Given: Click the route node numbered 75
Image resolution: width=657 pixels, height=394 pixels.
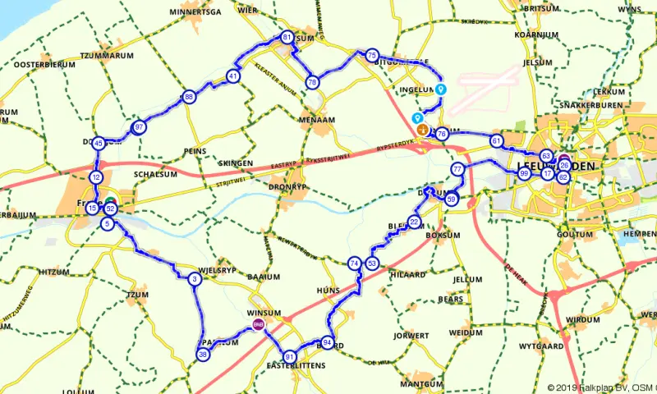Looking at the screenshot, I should [372, 55].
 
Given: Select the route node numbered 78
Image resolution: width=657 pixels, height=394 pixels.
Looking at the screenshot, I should [312, 82].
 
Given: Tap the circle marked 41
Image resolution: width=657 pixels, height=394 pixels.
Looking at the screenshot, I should [234, 76].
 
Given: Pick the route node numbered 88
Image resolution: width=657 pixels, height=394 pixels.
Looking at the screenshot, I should [190, 97].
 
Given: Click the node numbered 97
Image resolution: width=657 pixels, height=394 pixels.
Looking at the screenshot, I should [139, 127].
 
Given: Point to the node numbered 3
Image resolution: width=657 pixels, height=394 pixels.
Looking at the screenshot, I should [195, 279].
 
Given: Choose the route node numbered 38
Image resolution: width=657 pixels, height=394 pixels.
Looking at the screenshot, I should [203, 355].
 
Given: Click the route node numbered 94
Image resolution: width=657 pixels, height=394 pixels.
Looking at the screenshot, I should [328, 342].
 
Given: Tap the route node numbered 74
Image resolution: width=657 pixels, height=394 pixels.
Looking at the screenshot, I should [354, 263].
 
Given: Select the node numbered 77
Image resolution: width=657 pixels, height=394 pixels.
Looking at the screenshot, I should [457, 169].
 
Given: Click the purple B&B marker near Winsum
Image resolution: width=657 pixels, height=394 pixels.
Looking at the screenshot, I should [259, 326].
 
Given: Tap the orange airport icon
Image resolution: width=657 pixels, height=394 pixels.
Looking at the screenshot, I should [423, 129].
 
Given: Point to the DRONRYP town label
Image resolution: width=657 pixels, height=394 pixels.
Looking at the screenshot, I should [287, 186].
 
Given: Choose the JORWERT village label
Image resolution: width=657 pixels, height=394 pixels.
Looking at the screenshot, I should [411, 336].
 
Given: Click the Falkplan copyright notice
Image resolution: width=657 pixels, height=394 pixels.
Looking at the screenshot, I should [600, 387].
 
